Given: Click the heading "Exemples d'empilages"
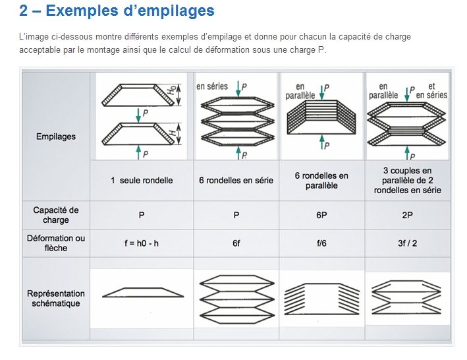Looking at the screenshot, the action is [x=130, y=11].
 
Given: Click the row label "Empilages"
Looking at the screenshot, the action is [x=56, y=136].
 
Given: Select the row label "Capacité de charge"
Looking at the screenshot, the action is [x=56, y=215].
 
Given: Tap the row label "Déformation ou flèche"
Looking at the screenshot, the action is [x=56, y=243].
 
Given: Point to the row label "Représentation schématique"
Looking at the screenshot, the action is [x=56, y=298].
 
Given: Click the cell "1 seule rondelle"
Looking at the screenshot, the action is [x=142, y=180].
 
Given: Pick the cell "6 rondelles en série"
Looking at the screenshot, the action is [x=236, y=180].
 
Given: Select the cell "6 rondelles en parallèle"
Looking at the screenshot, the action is [x=321, y=181].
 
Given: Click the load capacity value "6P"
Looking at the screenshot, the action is [x=321, y=215].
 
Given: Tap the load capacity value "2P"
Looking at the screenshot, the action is [x=408, y=215].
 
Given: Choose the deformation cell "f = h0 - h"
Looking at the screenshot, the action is [x=142, y=243].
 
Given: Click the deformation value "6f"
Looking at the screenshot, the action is [x=236, y=243].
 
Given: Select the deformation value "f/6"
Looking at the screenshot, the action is [x=321, y=243].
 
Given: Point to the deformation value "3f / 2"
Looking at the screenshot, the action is [x=408, y=243].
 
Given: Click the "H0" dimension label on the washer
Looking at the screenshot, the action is [x=171, y=90].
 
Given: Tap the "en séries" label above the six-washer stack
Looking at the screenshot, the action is [x=212, y=86].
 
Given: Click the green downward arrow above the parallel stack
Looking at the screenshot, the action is [x=321, y=93].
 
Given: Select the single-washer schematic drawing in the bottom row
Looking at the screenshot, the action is [x=143, y=292].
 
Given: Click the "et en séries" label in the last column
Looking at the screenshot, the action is [x=431, y=90].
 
